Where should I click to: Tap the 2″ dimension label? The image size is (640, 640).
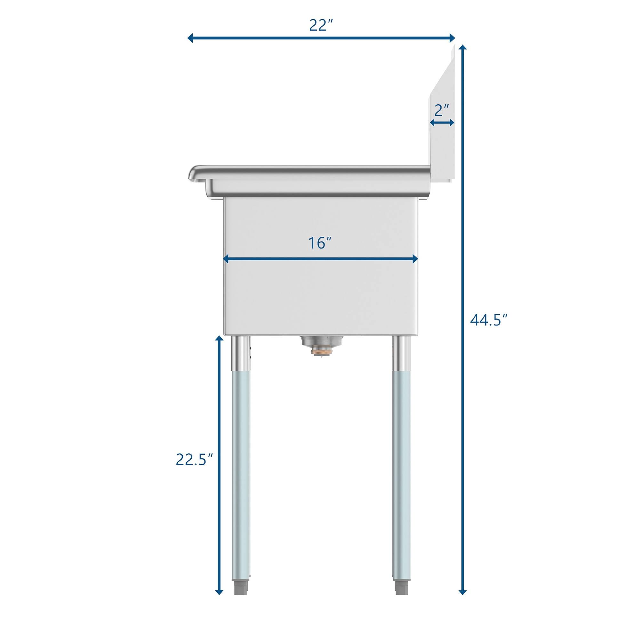[442, 110]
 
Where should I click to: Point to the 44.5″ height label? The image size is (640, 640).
[489, 320]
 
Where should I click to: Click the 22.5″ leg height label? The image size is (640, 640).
[194, 460]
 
